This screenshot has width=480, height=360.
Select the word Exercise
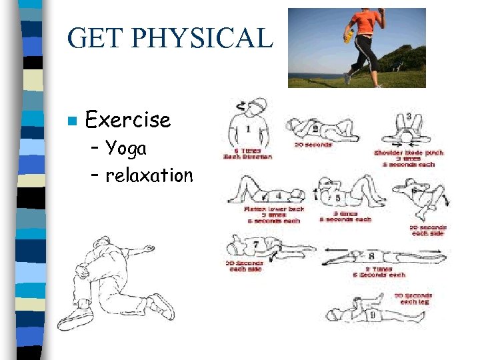pyautogui.click(x=128, y=120)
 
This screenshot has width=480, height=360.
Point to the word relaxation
pyautogui.click(x=149, y=175)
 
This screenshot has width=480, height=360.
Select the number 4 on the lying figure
pyautogui.click(x=279, y=195)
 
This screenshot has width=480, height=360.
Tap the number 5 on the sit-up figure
pyautogui.click(x=338, y=197)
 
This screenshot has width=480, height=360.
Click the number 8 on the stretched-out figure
pyautogui.click(x=371, y=255)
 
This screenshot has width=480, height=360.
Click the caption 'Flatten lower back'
pyautogui.click(x=273, y=209)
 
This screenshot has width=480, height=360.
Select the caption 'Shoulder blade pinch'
pyautogui.click(x=408, y=153)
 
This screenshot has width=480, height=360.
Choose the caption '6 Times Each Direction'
pyautogui.click(x=247, y=153)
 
